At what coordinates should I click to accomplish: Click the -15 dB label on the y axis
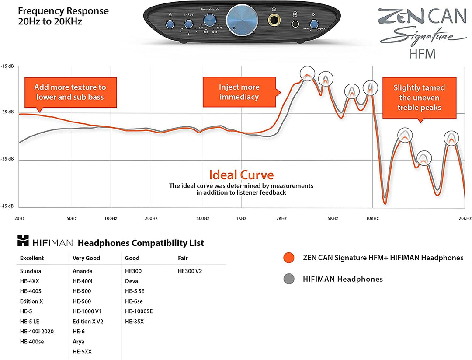click(x=8, y=66)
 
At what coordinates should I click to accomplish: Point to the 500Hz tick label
click(x=203, y=218)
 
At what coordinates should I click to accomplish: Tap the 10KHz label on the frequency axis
click(x=372, y=218)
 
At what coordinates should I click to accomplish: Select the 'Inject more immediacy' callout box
click(x=239, y=92)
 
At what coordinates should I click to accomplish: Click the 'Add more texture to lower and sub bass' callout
click(x=70, y=92)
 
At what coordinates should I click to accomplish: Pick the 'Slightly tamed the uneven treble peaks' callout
click(x=419, y=98)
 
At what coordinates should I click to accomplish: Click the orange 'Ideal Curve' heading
click(x=241, y=175)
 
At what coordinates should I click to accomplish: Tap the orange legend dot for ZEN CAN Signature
click(x=288, y=258)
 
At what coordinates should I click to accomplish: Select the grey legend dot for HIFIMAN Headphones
click(x=288, y=279)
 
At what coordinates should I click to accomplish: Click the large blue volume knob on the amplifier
click(x=239, y=18)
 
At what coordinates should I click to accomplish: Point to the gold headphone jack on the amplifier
click(x=275, y=20)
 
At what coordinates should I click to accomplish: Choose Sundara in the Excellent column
click(x=31, y=271)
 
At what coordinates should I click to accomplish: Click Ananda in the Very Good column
click(x=82, y=271)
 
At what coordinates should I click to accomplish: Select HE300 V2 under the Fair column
click(x=190, y=271)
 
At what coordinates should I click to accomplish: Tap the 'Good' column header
click(x=132, y=258)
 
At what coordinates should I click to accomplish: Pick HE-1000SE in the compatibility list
click(x=139, y=311)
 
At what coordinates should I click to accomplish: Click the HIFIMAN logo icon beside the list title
click(x=23, y=241)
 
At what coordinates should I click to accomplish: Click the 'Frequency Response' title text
click(x=63, y=11)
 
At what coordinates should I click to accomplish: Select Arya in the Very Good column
click(x=79, y=342)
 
